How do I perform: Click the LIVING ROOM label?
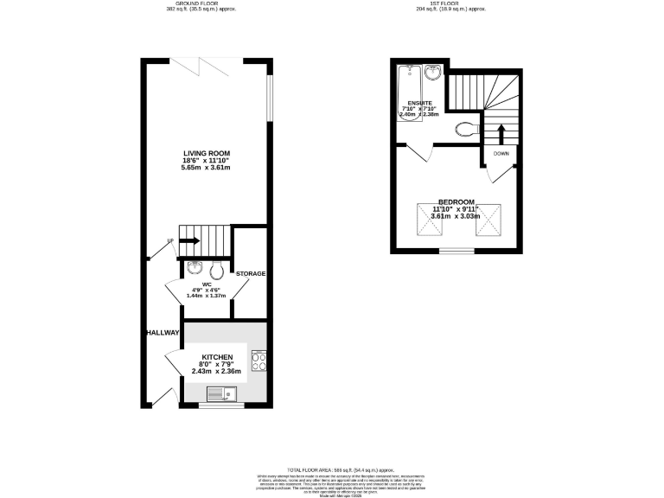pyautogui.click(x=206, y=153)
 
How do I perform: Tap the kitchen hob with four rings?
pyautogui.click(x=258, y=361)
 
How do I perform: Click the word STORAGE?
pyautogui.click(x=251, y=274)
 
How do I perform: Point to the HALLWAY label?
pyautogui.click(x=162, y=332)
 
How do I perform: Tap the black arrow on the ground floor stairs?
pyautogui.click(x=189, y=240)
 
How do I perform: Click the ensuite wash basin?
pyautogui.click(x=435, y=73)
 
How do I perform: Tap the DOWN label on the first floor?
pyautogui.click(x=501, y=154)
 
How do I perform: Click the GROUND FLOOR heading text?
pyautogui.click(x=201, y=3)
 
